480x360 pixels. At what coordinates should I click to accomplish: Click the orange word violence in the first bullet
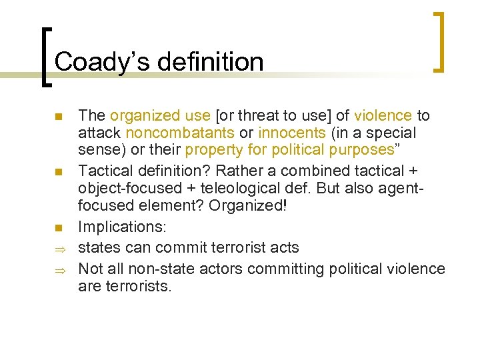pyautogui.click(x=383, y=115)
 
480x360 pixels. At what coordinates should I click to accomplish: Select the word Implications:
pyautogui.click(x=122, y=227)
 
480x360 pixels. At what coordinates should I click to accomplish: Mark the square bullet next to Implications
pyautogui.click(x=59, y=229)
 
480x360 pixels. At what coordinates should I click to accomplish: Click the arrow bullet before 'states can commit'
pyautogui.click(x=59, y=249)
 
